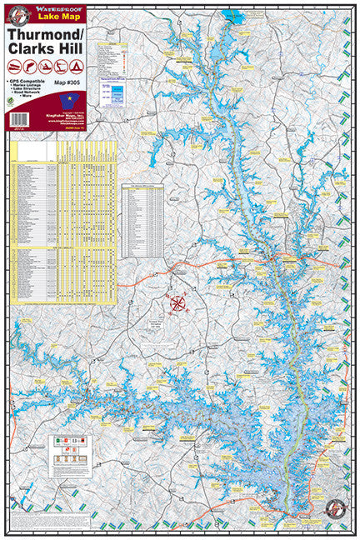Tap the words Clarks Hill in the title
tap(47, 50)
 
